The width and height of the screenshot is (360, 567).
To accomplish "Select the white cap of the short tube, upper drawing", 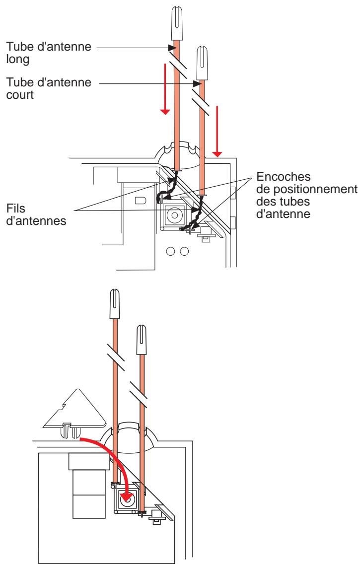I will click(203, 63).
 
